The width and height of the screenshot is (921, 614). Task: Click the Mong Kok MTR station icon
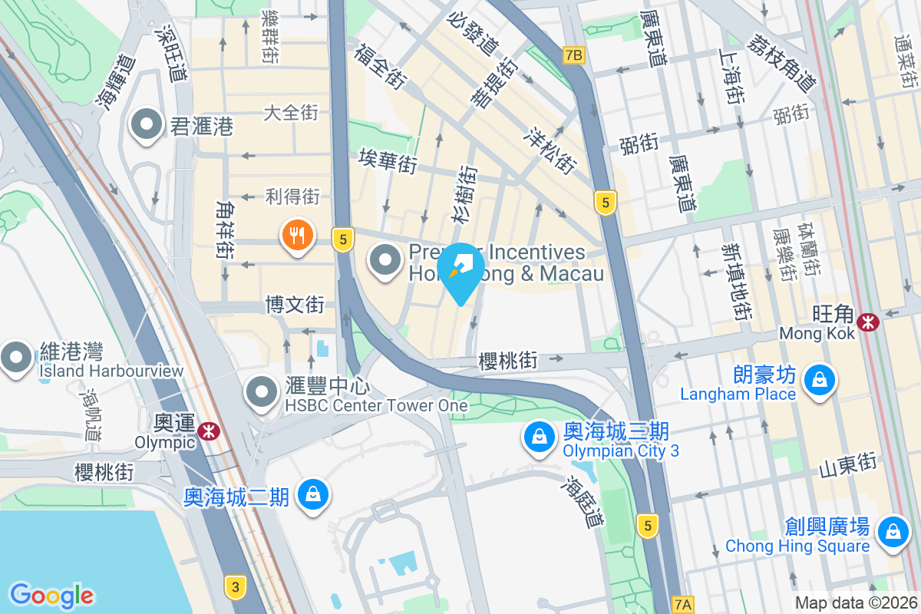869,322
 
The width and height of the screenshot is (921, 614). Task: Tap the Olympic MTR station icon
207,431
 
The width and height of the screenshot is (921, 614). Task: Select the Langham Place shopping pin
820,378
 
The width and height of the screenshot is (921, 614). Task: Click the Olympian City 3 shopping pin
540,437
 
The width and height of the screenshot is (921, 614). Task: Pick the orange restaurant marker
297,235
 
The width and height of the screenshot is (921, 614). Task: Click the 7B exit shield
573,54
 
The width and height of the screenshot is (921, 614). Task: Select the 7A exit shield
681,604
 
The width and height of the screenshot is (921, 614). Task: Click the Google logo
51,596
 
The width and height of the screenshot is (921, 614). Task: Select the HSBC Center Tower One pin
262,392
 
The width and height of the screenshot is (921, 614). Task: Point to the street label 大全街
291,113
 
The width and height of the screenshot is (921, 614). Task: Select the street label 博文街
295,305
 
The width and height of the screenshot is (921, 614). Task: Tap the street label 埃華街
388,160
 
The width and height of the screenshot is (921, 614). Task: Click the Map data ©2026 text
856,603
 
